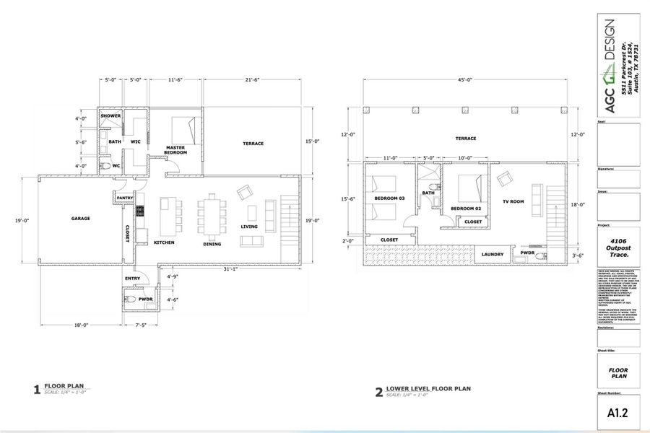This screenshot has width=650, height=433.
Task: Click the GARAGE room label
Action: pos(80,218)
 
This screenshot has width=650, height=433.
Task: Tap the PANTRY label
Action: pos(123,197)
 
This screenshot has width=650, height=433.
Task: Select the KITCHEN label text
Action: pos(164,242)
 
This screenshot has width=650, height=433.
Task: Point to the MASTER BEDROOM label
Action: pos(175,150)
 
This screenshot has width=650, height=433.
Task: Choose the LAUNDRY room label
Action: pos(493,254)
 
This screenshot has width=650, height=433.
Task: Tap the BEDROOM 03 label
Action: pos(389,198)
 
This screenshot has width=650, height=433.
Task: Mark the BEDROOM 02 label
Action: pos(466,209)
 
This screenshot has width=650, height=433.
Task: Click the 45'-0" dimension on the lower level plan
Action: pos(465,80)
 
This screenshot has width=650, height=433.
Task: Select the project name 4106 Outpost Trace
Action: pos(618,248)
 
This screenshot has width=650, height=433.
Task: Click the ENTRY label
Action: pos(132,278)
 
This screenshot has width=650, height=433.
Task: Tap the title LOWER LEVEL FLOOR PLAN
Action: pos(428,388)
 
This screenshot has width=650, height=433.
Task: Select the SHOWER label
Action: pos(110,115)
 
